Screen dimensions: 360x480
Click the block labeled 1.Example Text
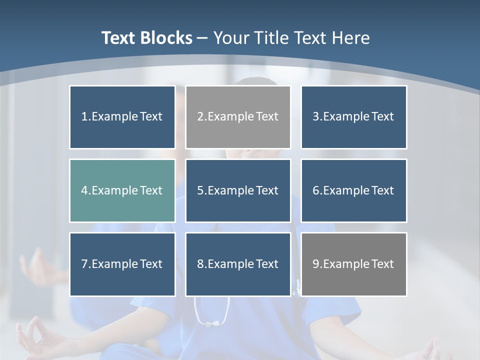(122, 117)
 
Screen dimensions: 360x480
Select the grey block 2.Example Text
(238, 117)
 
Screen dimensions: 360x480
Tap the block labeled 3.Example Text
(354, 117)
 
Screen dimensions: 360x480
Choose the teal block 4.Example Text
(122, 190)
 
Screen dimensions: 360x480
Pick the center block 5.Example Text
(238, 190)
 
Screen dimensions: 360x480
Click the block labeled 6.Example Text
(354, 190)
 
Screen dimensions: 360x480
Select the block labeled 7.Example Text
(122, 264)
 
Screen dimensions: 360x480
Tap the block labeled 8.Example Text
(238, 264)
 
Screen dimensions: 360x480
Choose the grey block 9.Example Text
(354, 264)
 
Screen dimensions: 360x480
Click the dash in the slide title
(202, 38)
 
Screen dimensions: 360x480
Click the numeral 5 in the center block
(200, 190)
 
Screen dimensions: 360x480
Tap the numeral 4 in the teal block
(84, 190)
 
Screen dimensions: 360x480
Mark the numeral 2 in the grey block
(200, 117)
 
